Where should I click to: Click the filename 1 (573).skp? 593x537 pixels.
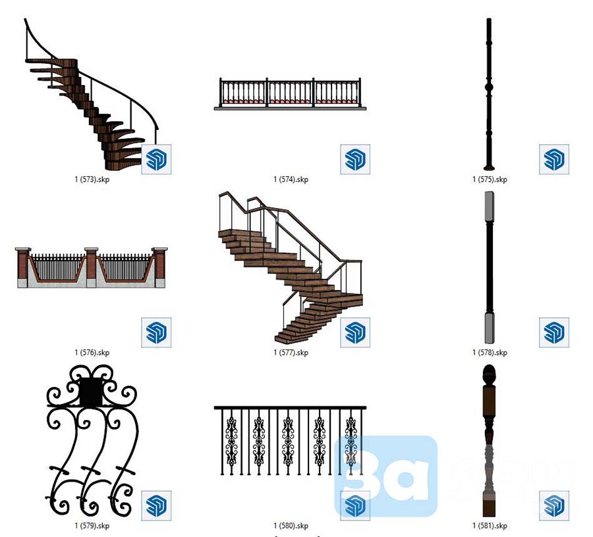pyautogui.click(x=92, y=179)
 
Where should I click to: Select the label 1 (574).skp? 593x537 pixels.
pyautogui.click(x=291, y=179)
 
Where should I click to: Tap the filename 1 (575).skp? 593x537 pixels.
pyautogui.click(x=490, y=179)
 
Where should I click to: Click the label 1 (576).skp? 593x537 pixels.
pyautogui.click(x=92, y=353)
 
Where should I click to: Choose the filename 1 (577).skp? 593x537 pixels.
pyautogui.click(x=291, y=353)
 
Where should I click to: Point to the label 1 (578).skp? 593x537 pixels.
pyautogui.click(x=490, y=353)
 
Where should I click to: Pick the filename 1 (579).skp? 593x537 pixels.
pyautogui.click(x=92, y=526)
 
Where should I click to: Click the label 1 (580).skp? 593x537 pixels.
pyautogui.click(x=291, y=526)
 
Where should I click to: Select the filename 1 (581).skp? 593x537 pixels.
pyautogui.click(x=490, y=526)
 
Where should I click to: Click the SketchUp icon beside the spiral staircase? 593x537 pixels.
pyautogui.click(x=156, y=159)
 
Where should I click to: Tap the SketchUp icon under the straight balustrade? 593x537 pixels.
pyautogui.click(x=355, y=159)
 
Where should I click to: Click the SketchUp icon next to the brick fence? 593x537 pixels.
pyautogui.click(x=156, y=332)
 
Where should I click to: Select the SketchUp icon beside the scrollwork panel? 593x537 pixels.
pyautogui.click(x=156, y=505)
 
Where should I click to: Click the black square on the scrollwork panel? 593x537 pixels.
pyautogui.click(x=91, y=392)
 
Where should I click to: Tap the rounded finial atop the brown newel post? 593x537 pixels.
pyautogui.click(x=488, y=376)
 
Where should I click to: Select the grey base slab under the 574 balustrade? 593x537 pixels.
pyautogui.click(x=290, y=108)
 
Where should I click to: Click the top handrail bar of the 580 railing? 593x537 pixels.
pyautogui.click(x=290, y=407)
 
